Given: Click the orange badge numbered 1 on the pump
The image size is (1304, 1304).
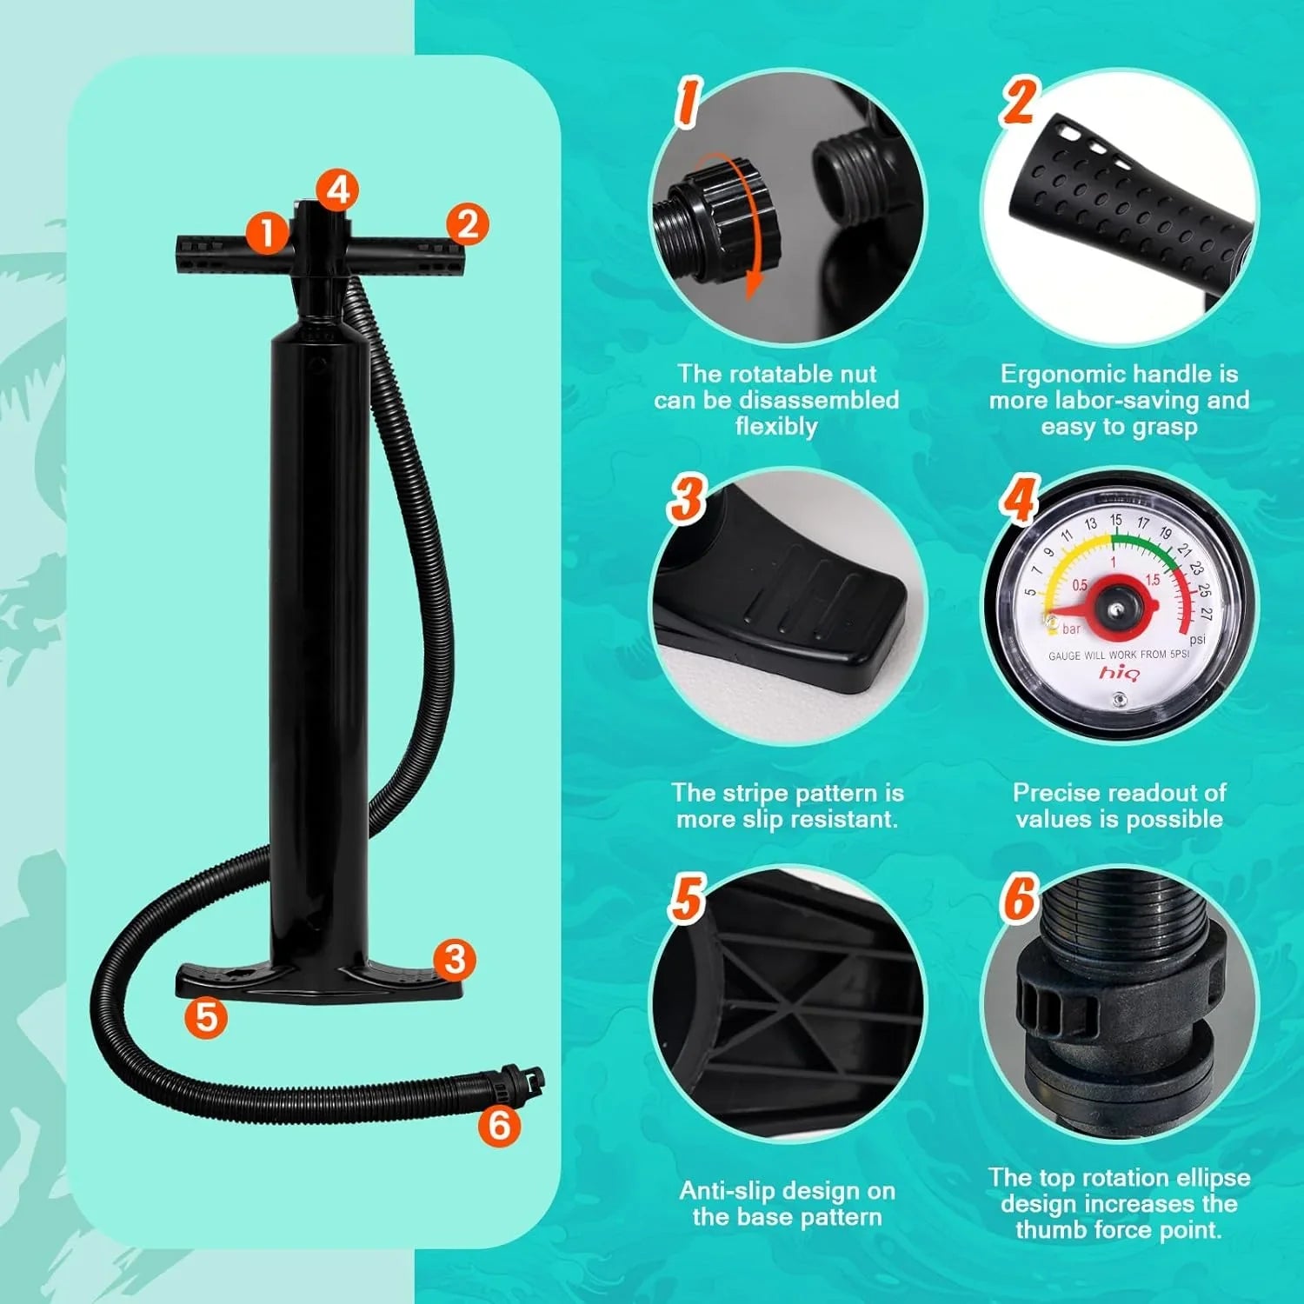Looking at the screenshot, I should point(267,232).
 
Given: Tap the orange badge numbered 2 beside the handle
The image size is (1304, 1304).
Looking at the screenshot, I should point(468,224).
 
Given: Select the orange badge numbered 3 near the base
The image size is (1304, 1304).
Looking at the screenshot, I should point(455,960).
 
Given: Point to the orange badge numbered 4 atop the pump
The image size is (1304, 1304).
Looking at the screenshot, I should point(337,190).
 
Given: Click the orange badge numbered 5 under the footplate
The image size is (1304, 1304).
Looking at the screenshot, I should point(207,1015).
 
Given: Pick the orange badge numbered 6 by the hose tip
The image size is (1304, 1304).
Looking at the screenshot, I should point(499,1125).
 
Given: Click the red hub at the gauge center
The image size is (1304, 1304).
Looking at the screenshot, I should point(1115,602).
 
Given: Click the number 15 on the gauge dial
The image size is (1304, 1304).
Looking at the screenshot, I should point(1116,520).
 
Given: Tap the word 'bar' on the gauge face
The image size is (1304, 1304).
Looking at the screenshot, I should point(1071,629).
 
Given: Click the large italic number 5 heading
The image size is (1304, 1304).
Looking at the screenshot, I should point(686,897).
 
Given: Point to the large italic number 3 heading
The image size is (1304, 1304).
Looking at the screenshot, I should point(687,499).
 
